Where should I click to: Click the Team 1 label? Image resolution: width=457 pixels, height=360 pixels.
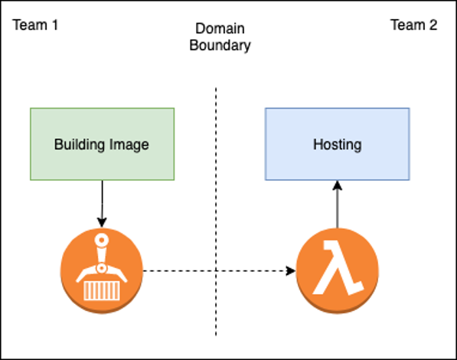tap(35, 25)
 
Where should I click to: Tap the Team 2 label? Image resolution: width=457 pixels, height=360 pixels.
tap(413, 25)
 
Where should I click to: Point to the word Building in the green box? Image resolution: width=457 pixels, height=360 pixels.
tap(80, 144)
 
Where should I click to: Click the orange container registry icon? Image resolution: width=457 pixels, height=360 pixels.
tap(102, 269)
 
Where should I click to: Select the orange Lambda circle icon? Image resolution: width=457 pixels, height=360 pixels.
tap(337, 269)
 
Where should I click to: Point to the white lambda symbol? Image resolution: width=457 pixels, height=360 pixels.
tap(337, 270)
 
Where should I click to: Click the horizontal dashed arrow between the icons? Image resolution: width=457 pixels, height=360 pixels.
tap(218, 270)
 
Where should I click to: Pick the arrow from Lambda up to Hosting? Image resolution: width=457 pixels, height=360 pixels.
tap(337, 207)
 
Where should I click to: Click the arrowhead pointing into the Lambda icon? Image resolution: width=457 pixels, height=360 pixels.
tap(291, 270)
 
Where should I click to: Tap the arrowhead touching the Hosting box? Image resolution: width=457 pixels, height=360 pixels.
tap(337, 185)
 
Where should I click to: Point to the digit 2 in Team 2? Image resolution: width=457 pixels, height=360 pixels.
tap(433, 25)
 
